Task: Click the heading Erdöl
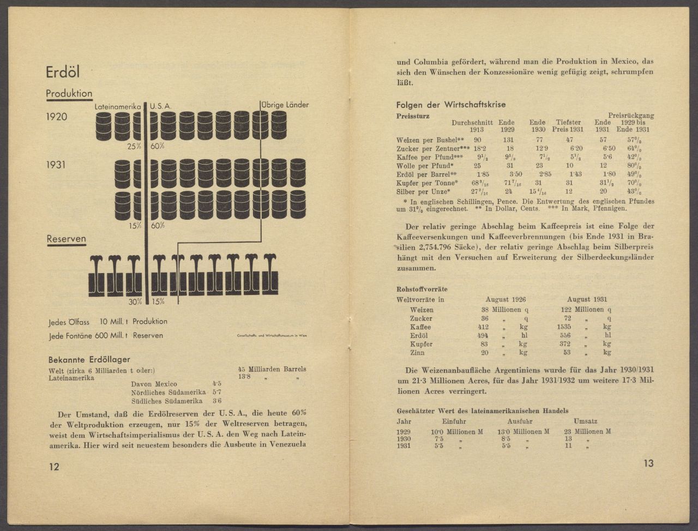pyautogui.click(x=63, y=73)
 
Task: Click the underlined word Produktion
pyautogui.click(x=69, y=94)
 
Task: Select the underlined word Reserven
pyautogui.click(x=66, y=239)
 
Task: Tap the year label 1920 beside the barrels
pyautogui.click(x=57, y=117)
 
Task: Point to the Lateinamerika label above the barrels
pyautogui.click(x=118, y=106)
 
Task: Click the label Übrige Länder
pyautogui.click(x=284, y=105)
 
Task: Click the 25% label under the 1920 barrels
pyautogui.click(x=135, y=146)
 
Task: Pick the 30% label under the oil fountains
pyautogui.click(x=135, y=301)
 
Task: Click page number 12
pyautogui.click(x=54, y=467)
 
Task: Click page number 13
pyautogui.click(x=648, y=463)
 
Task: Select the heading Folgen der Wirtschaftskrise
pyautogui.click(x=451, y=105)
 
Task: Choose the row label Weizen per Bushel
pyautogui.click(x=430, y=140)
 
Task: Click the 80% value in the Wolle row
pyautogui.click(x=634, y=166)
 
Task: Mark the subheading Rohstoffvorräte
pyautogui.click(x=422, y=289)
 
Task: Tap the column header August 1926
pyautogui.click(x=506, y=299)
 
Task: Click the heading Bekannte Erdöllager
pyautogui.click(x=89, y=360)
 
